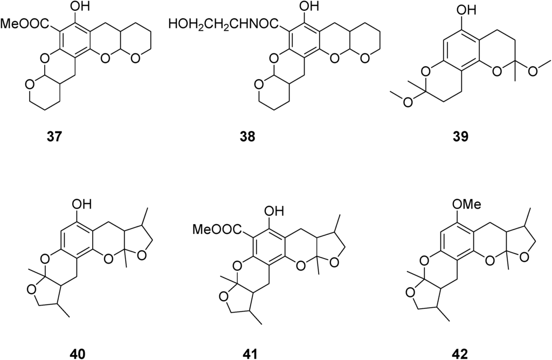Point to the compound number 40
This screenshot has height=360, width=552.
pos(78,354)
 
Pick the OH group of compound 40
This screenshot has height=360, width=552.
pos(81,205)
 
